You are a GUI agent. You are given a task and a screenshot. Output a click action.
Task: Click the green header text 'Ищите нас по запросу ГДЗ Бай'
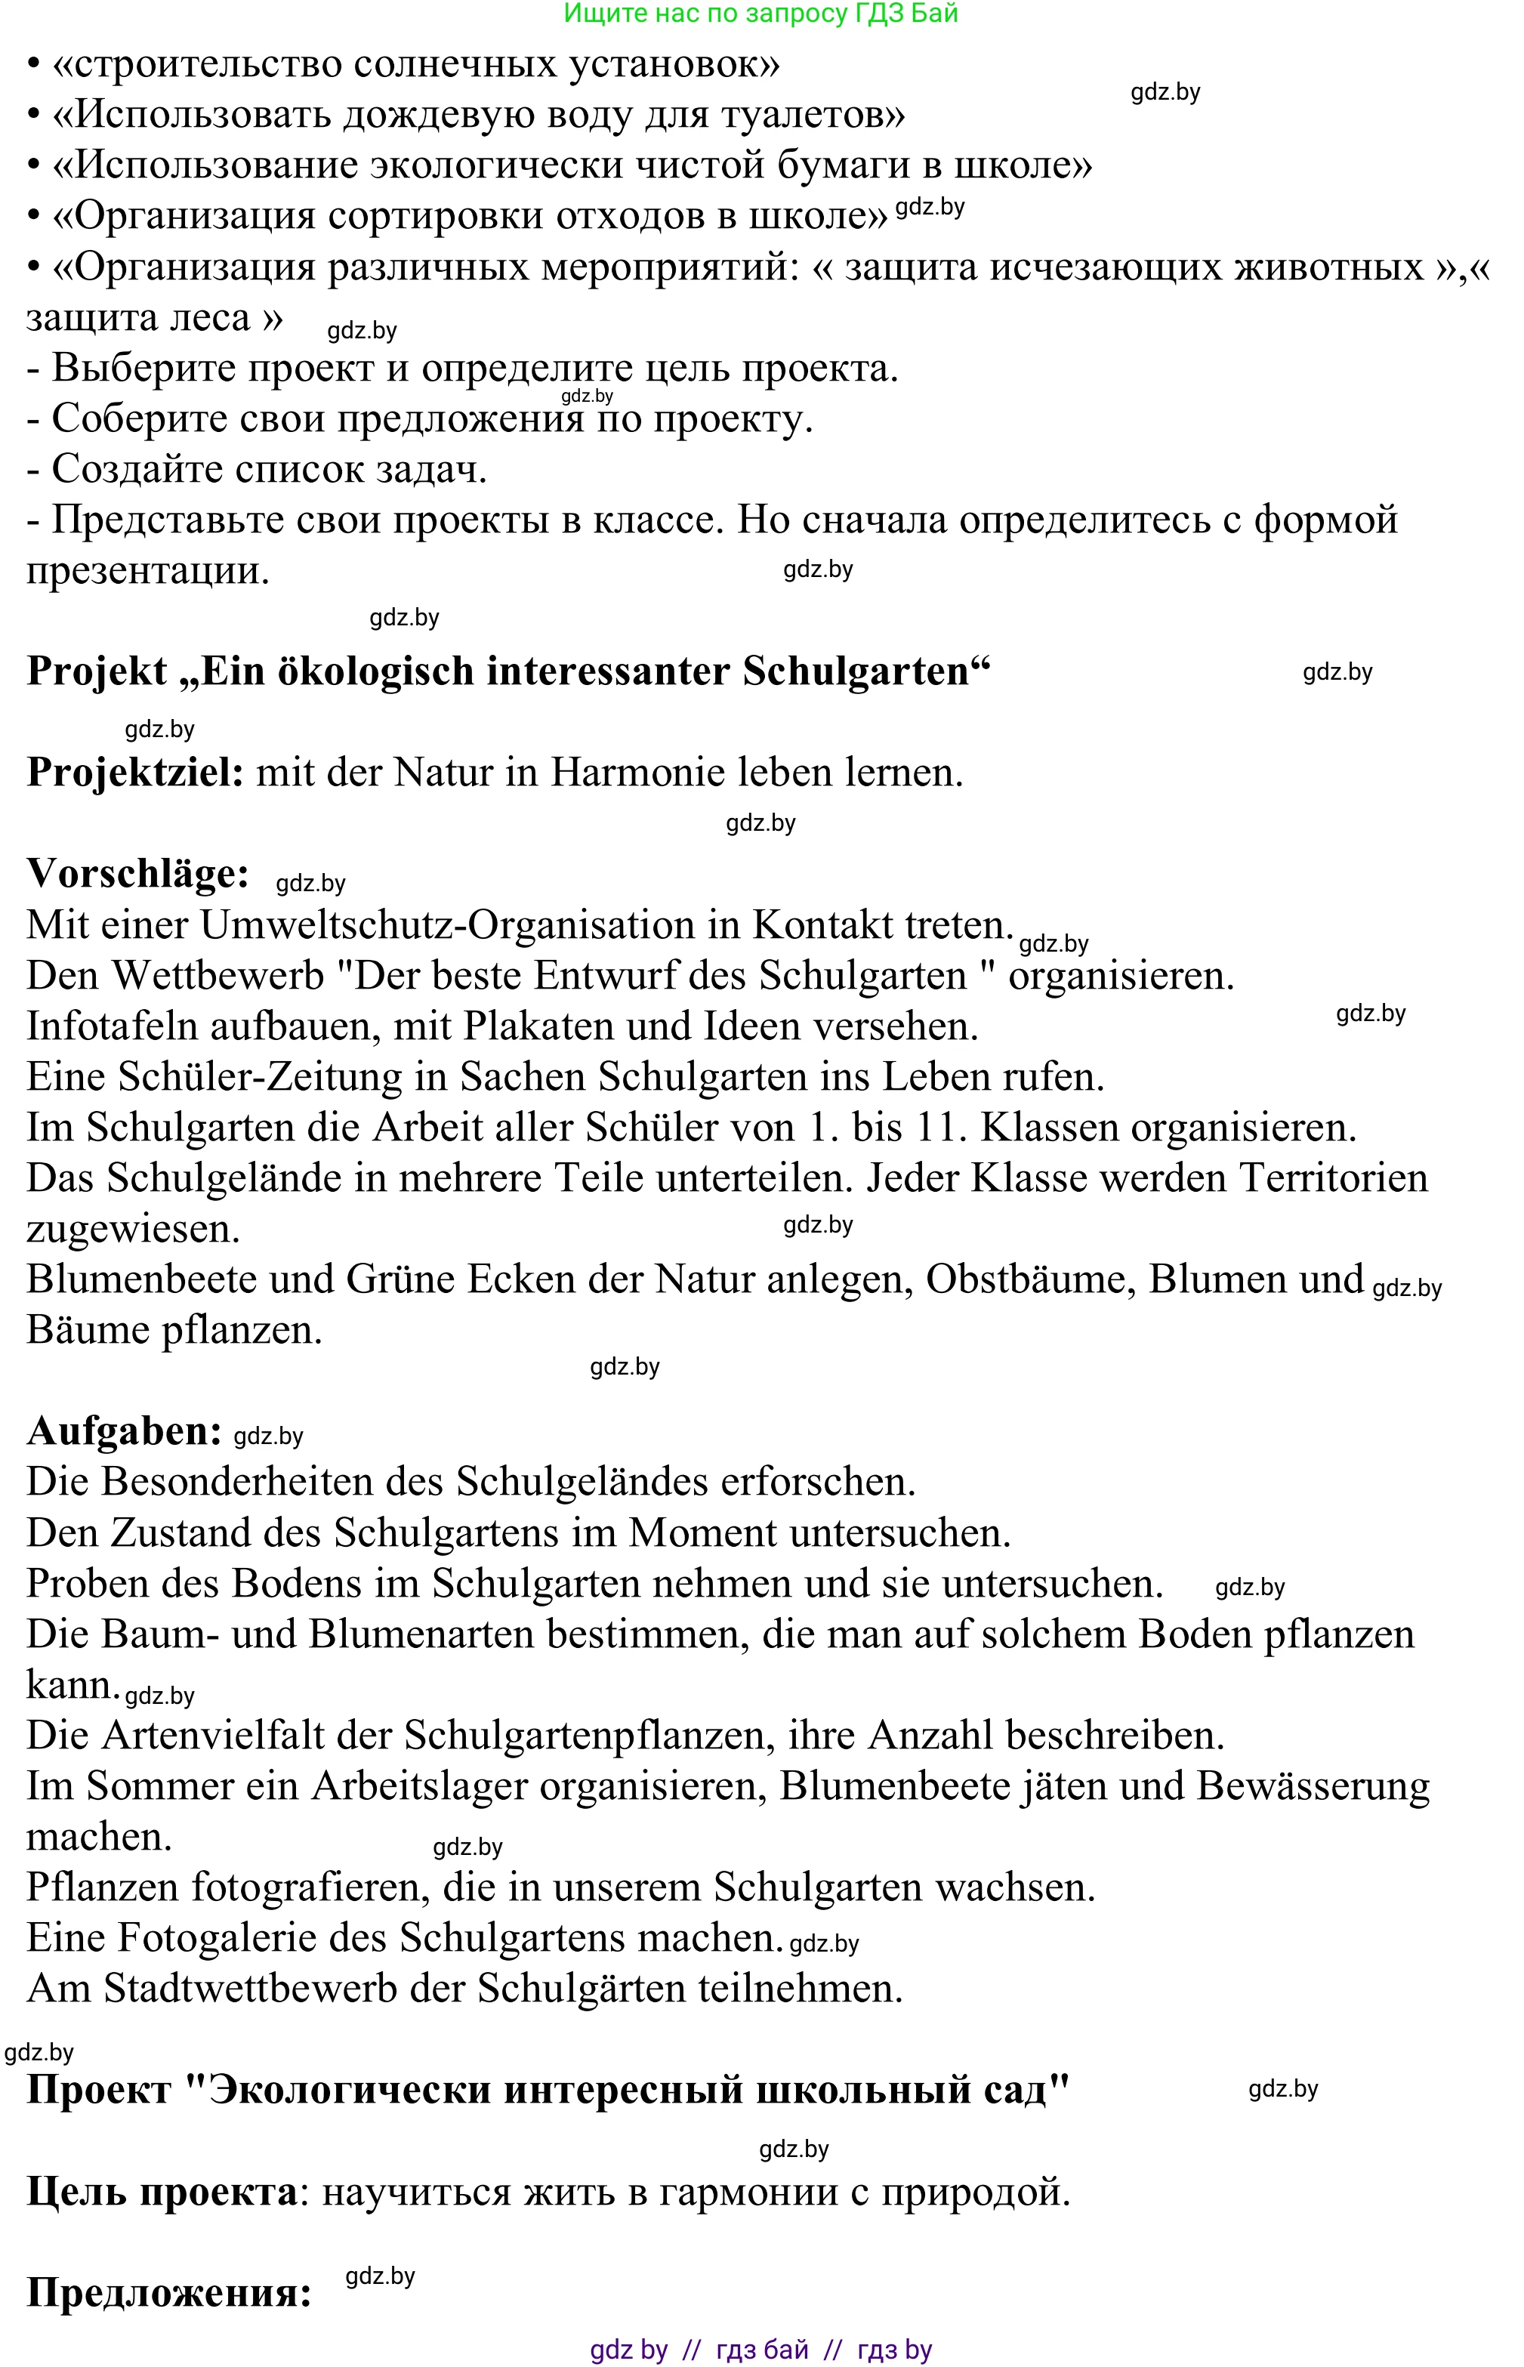point(760,14)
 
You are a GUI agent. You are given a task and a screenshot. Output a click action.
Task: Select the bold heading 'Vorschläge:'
point(137,874)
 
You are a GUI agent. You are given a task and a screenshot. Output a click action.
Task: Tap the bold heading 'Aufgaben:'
point(124,1431)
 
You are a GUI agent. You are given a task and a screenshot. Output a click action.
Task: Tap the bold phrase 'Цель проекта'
point(162,2191)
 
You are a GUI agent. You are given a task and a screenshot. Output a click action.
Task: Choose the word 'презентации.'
point(147,571)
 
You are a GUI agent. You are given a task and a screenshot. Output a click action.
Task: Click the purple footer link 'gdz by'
point(628,2349)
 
